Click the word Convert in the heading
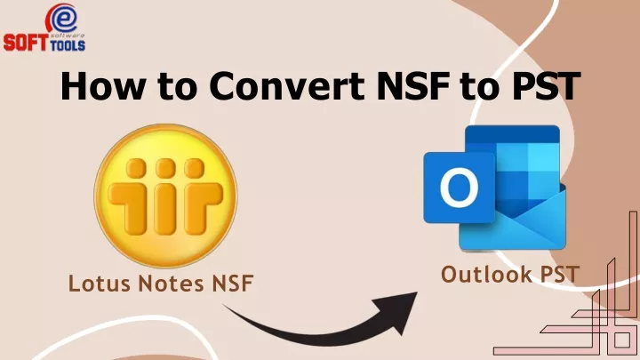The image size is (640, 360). tap(287, 85)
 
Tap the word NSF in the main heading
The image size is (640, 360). tap(412, 85)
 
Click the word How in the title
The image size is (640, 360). tap(103, 85)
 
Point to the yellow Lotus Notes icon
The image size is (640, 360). tap(165, 196)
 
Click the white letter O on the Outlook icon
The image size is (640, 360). tap(460, 188)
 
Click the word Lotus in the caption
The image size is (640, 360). tap(100, 284)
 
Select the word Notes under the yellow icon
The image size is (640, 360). tap(171, 284)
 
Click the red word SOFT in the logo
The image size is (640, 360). tap(26, 43)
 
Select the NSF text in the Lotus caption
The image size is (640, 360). tap(233, 284)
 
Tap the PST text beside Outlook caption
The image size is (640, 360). tap(560, 275)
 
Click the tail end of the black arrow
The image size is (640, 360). tap(223, 305)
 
